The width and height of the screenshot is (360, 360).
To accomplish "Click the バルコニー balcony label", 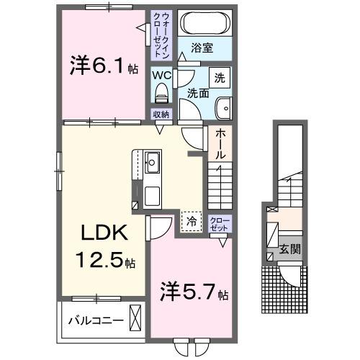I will [93, 318].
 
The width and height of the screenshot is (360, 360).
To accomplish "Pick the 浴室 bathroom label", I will [202, 49].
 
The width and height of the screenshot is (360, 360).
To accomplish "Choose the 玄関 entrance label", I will [289, 250].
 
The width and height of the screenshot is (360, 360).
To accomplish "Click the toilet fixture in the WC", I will [161, 92].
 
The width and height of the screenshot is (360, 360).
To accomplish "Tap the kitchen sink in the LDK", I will [153, 161].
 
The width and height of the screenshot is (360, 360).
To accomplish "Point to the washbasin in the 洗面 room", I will [224, 106].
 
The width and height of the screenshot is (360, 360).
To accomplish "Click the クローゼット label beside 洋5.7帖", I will [218, 224].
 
